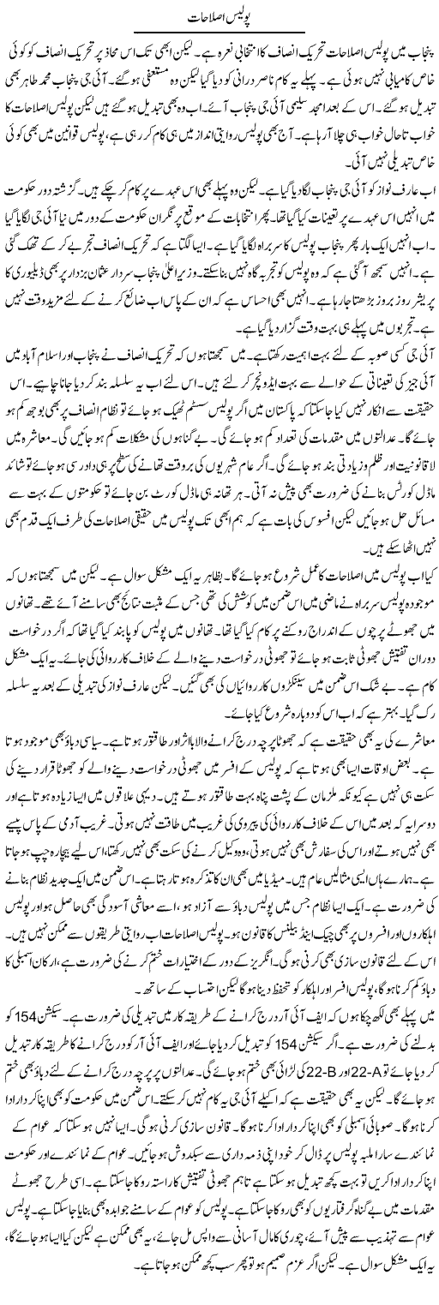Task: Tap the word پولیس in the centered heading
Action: point(241,16)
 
